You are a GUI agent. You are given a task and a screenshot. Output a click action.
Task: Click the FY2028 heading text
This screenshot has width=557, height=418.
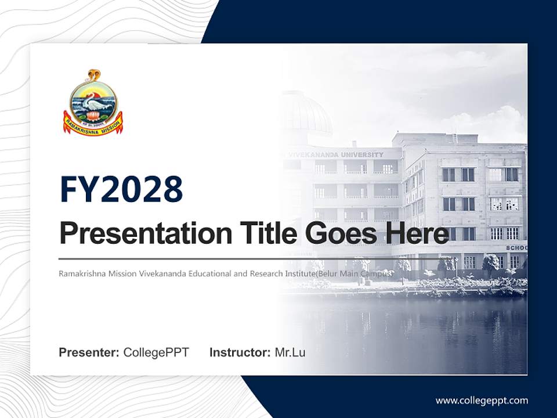click(x=121, y=189)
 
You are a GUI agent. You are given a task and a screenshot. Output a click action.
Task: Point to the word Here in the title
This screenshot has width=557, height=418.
click(x=417, y=234)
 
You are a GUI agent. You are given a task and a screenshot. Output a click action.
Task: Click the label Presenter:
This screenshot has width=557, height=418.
click(x=89, y=352)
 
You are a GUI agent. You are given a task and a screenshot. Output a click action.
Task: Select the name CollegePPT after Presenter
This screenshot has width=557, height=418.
click(x=156, y=352)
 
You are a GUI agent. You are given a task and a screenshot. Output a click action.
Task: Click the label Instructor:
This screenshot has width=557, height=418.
click(x=240, y=352)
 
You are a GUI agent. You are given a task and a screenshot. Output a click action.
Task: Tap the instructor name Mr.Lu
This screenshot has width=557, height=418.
click(x=290, y=352)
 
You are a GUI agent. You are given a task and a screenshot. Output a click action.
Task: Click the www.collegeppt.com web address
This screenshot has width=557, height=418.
click(x=482, y=400)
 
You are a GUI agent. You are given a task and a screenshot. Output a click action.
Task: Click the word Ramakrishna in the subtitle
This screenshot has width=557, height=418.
click(x=79, y=272)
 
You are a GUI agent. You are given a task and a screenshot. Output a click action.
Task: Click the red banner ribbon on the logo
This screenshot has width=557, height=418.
click(x=93, y=123)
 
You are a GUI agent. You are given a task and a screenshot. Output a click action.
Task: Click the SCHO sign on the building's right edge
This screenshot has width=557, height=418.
click(x=516, y=248)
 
